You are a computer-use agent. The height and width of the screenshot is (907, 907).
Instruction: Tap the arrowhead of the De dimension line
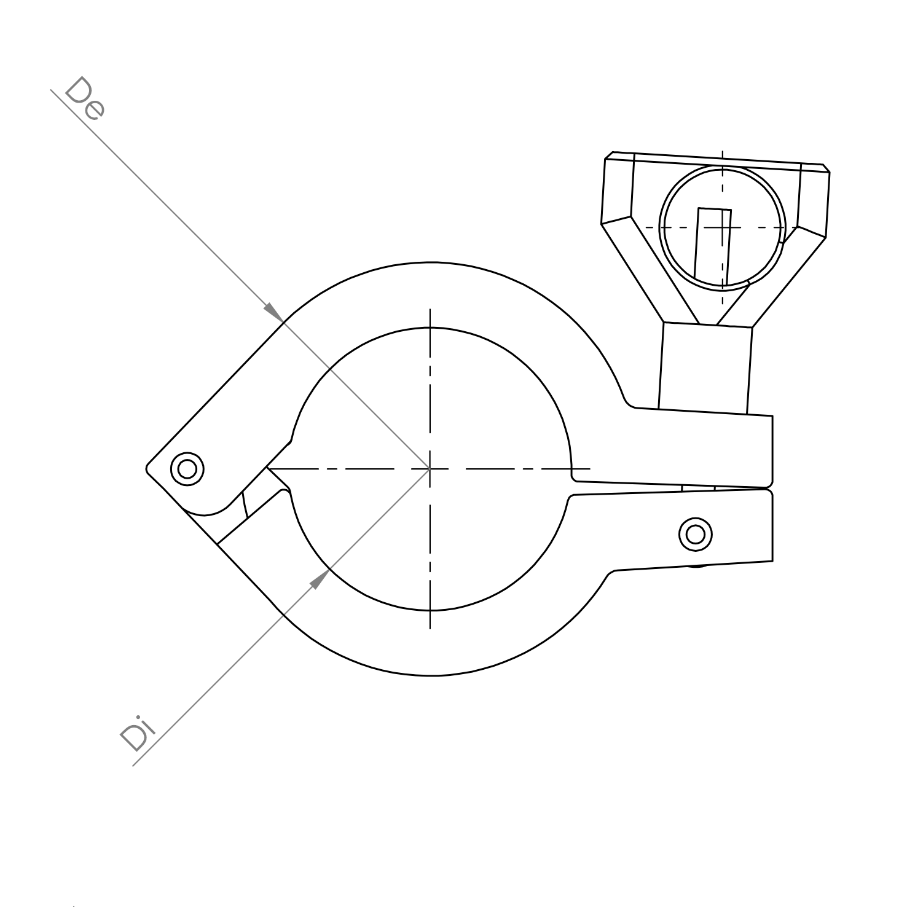pyautogui.click(x=273, y=312)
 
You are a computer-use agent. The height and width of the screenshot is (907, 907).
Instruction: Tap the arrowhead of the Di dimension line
pyautogui.click(x=318, y=579)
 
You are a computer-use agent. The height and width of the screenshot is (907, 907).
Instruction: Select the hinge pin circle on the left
pyautogui.click(x=187, y=469)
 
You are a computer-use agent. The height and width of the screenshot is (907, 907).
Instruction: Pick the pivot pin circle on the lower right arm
pyautogui.click(x=696, y=533)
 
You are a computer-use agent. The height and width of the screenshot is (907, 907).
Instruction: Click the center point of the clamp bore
pyautogui.click(x=430, y=469)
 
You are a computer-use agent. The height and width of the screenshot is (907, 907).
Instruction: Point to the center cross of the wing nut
pyautogui.click(x=723, y=227)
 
